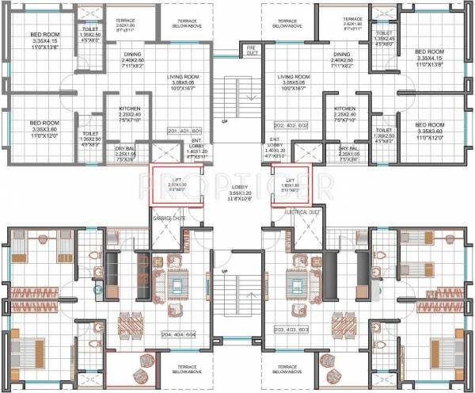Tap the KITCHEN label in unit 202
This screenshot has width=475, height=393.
click(344, 112)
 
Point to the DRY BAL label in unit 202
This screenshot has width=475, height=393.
click(348, 151)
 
